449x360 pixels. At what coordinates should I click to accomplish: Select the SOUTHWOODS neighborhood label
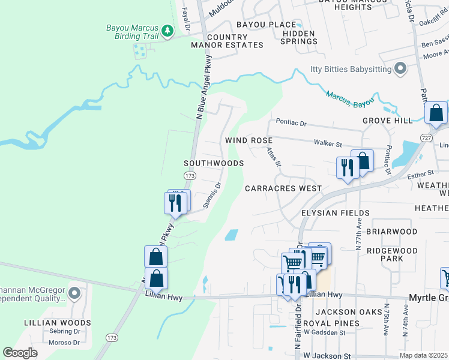[214, 163]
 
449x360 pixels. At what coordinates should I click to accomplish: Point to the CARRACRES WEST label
[283, 188]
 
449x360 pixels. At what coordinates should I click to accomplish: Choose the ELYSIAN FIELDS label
[335, 213]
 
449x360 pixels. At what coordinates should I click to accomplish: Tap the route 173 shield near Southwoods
[190, 175]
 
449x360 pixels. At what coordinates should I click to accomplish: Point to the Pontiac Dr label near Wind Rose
[291, 123]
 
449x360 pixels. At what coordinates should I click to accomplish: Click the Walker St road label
[328, 144]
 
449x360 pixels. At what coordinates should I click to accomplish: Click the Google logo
[20, 352]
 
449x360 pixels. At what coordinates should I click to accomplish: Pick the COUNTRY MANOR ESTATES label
[227, 41]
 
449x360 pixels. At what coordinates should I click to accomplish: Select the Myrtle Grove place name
[429, 298]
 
